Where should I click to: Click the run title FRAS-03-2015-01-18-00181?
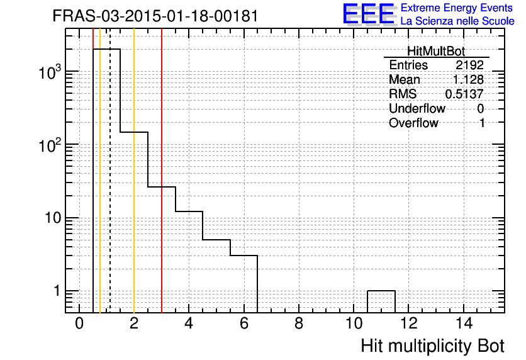click(155, 16)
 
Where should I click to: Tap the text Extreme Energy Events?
click(457, 8)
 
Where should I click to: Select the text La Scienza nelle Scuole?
click(457, 21)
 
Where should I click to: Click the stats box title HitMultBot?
click(436, 52)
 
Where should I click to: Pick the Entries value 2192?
click(469, 65)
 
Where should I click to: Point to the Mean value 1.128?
click(468, 79)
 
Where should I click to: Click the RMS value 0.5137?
click(464, 94)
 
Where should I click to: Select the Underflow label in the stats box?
click(417, 108)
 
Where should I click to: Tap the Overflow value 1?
click(482, 123)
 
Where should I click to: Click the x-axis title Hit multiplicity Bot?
click(432, 346)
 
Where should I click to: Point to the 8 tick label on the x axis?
click(299, 323)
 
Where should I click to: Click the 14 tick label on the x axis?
click(464, 323)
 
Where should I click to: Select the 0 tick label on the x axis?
click(79, 323)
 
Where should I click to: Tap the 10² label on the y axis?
click(50, 145)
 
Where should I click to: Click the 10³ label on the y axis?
click(50, 72)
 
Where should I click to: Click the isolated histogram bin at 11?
click(381, 291)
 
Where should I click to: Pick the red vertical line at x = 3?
click(162, 171)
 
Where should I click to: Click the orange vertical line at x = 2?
click(134, 171)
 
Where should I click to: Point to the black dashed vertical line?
click(110, 171)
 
